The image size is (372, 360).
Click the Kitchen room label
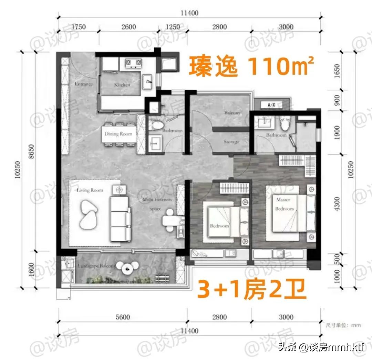click(122, 84)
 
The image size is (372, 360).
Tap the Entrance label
click(84, 84)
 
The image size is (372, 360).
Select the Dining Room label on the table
click(118, 134)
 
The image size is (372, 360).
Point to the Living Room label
click(90, 190)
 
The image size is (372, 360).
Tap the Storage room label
click(231, 142)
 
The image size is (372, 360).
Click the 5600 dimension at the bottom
click(122, 317)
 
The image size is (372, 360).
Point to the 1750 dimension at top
click(79, 27)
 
